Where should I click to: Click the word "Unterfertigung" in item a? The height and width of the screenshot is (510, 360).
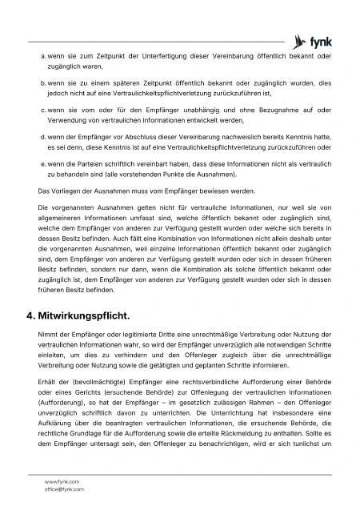pyautogui.click(x=154, y=56)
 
